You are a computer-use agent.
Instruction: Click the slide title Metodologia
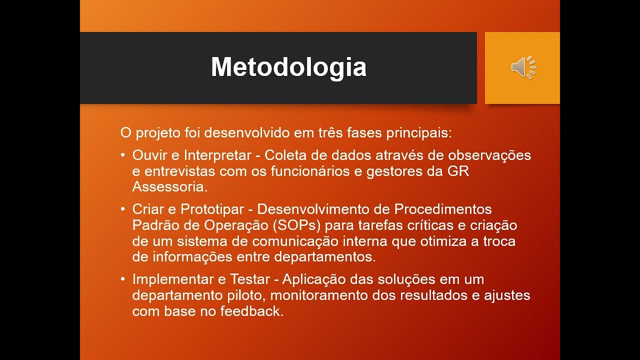(288, 67)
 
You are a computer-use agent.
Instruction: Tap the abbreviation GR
(458, 171)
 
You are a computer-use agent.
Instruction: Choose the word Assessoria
(169, 187)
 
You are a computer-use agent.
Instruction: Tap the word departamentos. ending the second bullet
(325, 257)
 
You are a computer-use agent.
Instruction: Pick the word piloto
(243, 295)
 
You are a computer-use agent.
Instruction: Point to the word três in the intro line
(330, 133)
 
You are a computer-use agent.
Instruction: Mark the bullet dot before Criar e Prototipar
(123, 209)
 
